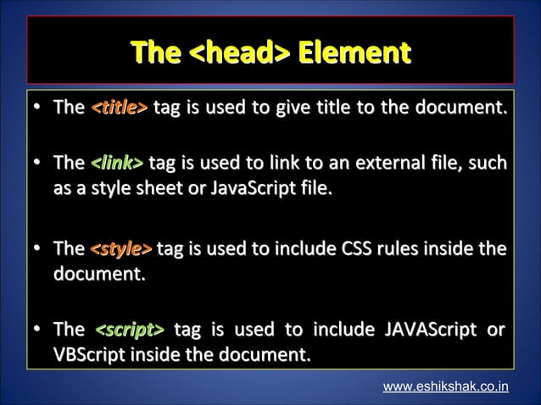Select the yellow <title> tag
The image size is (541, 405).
coord(119,108)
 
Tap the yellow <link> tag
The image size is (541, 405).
coord(117,162)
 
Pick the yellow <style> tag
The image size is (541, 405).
coord(121,249)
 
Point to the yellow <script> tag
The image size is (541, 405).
coord(129,329)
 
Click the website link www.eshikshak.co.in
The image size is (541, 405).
coord(446,386)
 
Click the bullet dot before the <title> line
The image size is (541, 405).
coord(38,108)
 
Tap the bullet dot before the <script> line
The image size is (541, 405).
coord(38,330)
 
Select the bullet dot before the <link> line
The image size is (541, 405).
coord(38,163)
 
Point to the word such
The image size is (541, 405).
coord(488,162)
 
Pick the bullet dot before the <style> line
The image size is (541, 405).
coord(38,250)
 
